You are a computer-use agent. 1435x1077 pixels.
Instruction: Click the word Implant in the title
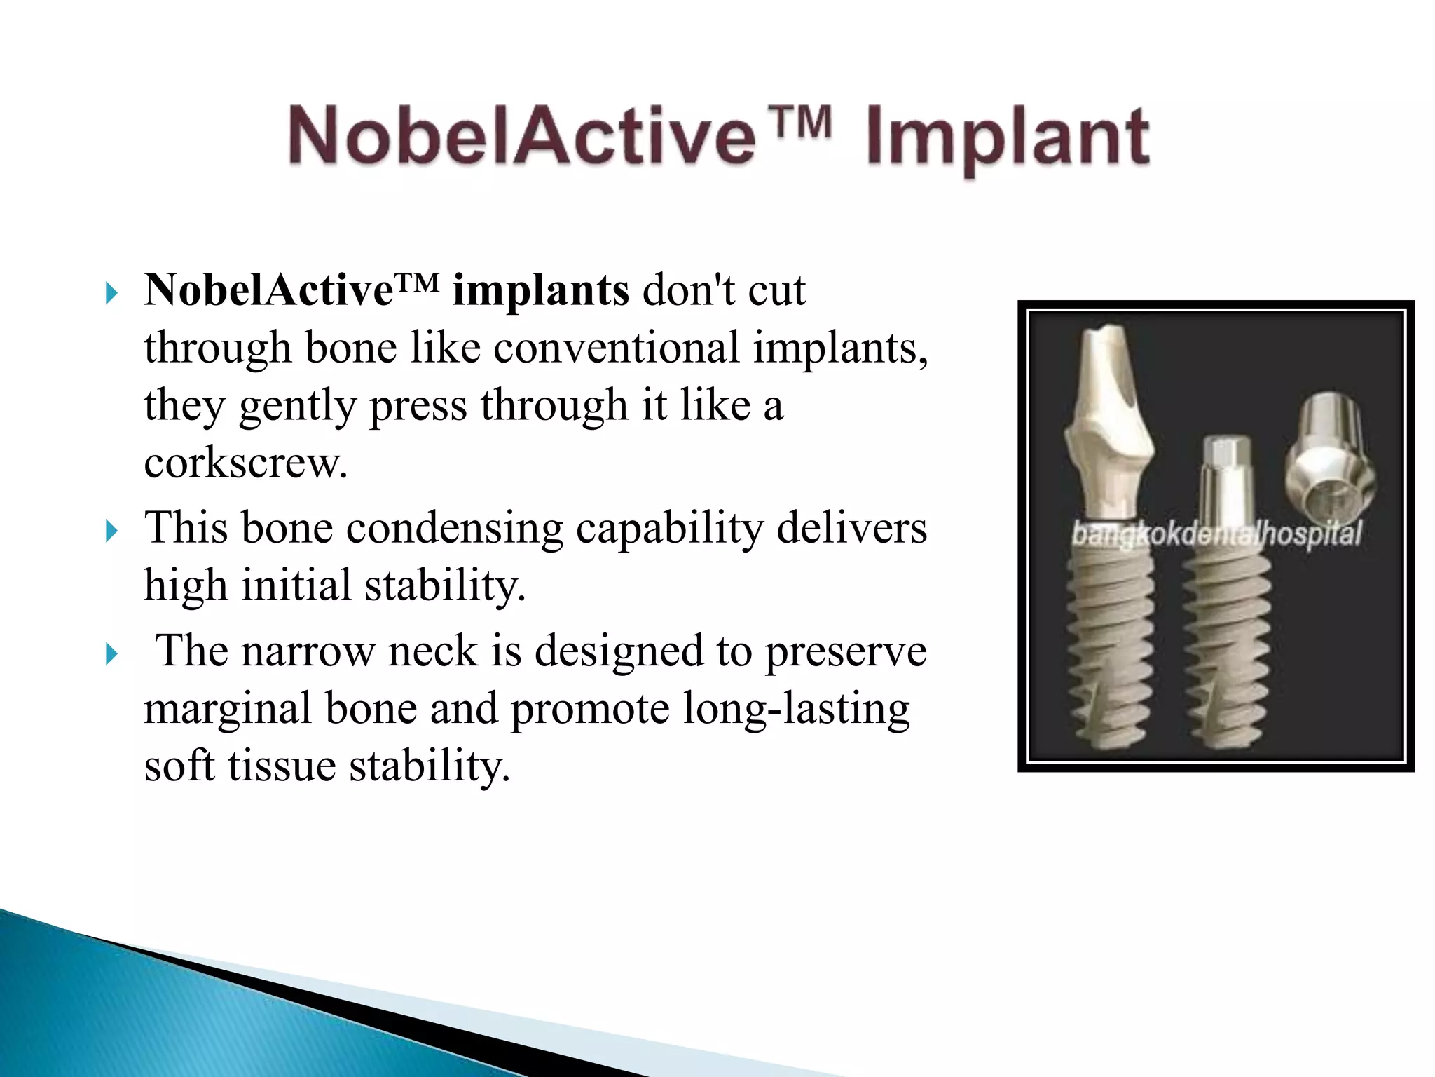click(x=1007, y=138)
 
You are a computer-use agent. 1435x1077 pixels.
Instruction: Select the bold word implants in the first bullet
click(x=540, y=291)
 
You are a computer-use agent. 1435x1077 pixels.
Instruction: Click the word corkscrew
click(x=245, y=463)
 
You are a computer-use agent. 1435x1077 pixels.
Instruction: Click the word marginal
click(x=228, y=710)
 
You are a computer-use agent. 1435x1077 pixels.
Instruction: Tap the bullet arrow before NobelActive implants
click(x=111, y=293)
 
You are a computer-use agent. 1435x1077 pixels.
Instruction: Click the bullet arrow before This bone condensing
click(x=111, y=531)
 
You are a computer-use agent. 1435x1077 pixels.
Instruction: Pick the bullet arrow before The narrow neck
click(x=111, y=654)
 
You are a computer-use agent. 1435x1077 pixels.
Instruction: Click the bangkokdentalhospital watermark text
click(x=1216, y=534)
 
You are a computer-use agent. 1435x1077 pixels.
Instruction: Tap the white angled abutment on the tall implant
click(x=1108, y=414)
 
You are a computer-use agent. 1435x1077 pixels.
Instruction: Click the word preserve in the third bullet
click(x=846, y=651)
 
